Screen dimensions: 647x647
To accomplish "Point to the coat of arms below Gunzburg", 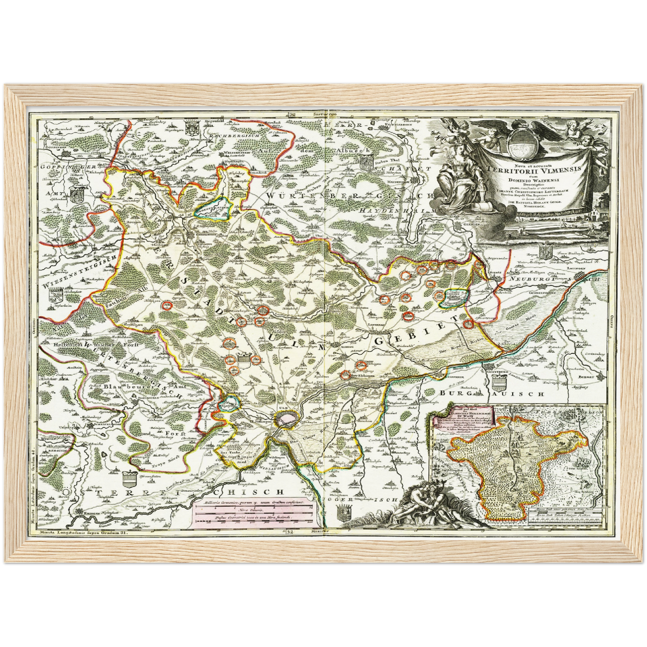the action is point(498,383).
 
